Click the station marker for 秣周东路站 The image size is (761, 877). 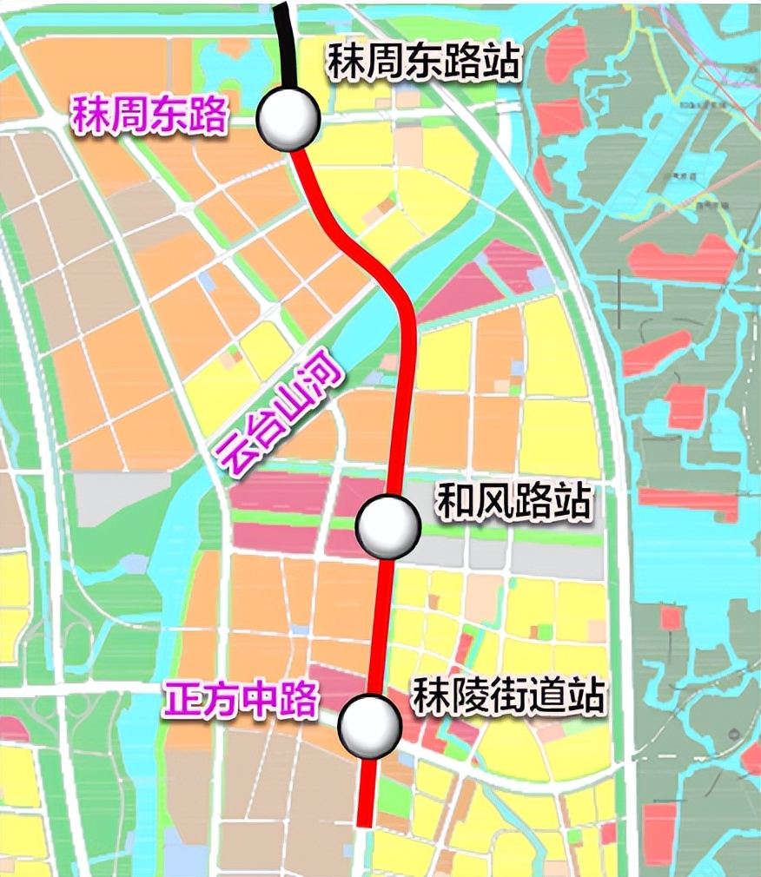[x=288, y=119]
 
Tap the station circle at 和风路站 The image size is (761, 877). [x=388, y=525]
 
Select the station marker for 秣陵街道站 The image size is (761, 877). [x=369, y=724]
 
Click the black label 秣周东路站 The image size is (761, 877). [x=424, y=63]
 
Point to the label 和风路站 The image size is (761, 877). [x=513, y=502]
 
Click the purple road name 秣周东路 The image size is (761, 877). [x=149, y=115]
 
